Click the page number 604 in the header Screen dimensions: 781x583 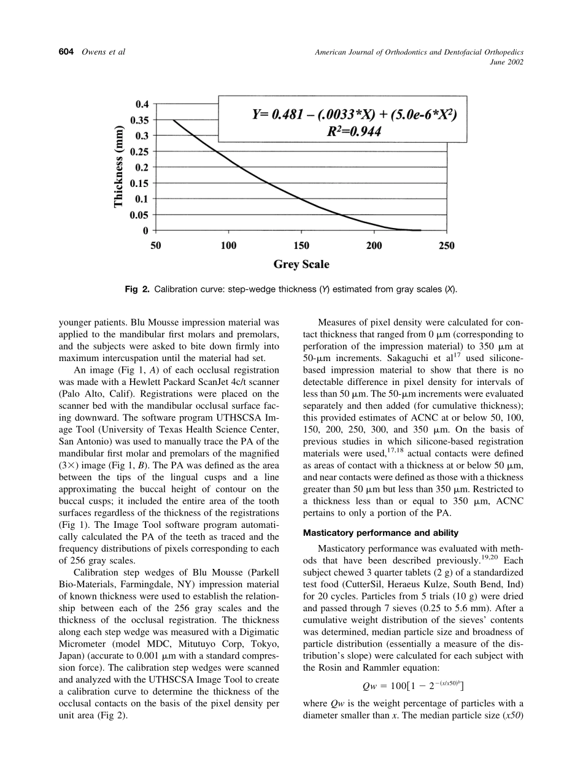click(x=66, y=52)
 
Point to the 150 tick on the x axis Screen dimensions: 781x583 click(x=301, y=246)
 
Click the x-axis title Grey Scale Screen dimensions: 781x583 click(x=301, y=265)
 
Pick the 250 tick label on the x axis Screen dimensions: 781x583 click(x=447, y=246)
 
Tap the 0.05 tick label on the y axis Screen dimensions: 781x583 click(x=139, y=215)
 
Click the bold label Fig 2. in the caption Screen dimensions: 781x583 click(x=137, y=289)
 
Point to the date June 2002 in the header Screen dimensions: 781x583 click(x=507, y=63)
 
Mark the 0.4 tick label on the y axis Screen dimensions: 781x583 click(x=142, y=104)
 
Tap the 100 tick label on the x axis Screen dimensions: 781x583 click(x=228, y=246)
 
